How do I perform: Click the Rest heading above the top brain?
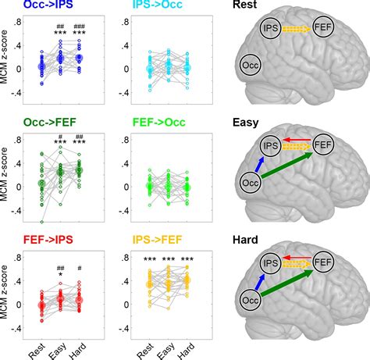point(244,6)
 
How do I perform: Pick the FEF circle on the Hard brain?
point(321,262)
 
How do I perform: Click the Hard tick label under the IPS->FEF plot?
point(189,345)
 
